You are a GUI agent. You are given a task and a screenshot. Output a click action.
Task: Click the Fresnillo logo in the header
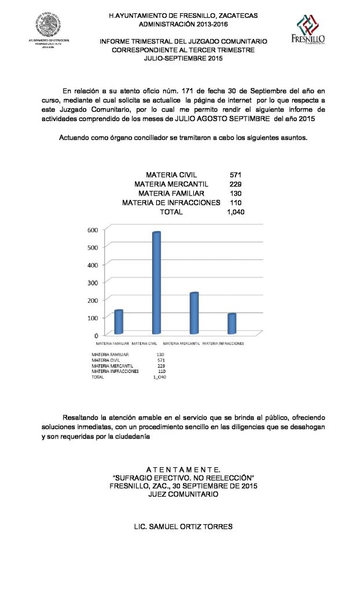[311, 29]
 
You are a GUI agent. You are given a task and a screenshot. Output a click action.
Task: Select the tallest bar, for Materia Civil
[156, 283]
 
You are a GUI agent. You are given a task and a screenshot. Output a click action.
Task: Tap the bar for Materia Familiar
[119, 322]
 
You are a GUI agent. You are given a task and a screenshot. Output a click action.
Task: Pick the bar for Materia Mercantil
[194, 313]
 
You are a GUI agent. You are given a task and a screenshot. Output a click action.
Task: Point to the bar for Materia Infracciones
[232, 324]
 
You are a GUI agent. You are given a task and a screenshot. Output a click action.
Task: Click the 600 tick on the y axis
[93, 229]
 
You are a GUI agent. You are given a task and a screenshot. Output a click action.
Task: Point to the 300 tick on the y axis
[93, 282]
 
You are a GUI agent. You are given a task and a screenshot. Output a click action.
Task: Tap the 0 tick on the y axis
[96, 335]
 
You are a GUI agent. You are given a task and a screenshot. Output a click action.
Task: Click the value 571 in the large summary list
[235, 174]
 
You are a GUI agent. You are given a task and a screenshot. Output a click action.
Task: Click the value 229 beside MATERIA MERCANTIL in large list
[235, 184]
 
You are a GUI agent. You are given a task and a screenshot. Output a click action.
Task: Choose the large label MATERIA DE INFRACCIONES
[171, 203]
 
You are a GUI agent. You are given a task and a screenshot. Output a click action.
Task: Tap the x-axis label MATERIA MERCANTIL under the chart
[181, 343]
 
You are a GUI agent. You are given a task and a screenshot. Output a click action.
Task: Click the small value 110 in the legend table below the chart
[161, 371]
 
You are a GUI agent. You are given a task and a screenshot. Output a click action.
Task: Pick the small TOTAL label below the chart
[98, 377]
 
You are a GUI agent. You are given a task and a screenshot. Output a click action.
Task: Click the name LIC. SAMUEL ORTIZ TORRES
[183, 527]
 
